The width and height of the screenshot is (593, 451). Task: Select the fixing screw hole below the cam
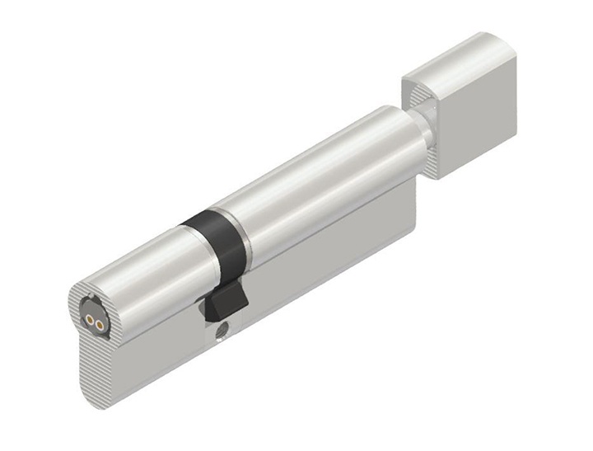coord(222,336)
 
